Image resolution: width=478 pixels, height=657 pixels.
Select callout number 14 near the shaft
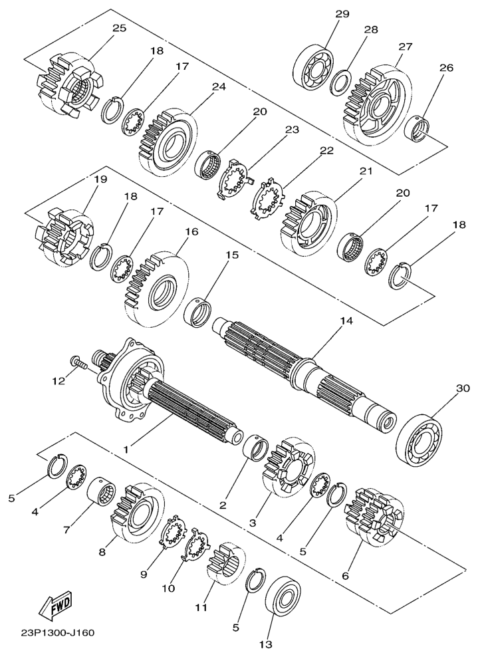click(x=346, y=321)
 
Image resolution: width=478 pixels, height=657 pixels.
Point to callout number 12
click(x=59, y=381)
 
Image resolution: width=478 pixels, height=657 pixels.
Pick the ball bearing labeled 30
click(x=419, y=440)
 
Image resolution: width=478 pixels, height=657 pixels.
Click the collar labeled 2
click(x=256, y=448)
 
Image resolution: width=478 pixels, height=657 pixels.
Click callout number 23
click(x=293, y=130)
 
